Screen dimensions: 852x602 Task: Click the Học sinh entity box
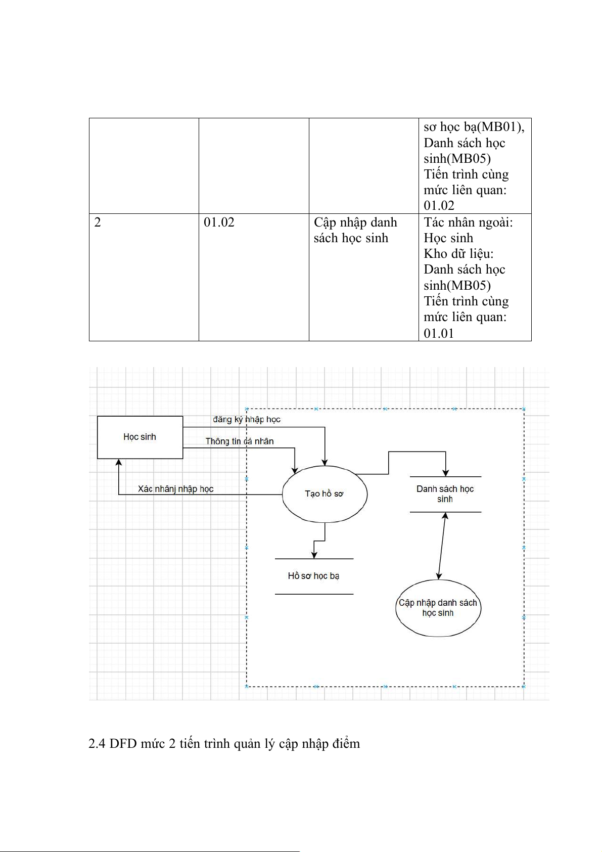[140, 437]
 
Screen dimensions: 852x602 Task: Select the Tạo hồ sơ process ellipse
[324, 494]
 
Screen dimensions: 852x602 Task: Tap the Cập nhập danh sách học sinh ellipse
[438, 608]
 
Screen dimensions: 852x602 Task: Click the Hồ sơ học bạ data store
[313, 576]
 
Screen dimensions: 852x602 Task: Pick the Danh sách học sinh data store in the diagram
[445, 494]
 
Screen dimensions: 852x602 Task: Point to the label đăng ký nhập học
[247, 419]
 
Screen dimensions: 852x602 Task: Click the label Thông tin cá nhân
[240, 441]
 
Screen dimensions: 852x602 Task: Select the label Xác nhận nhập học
[175, 489]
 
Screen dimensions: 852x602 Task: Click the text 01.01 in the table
[439, 333]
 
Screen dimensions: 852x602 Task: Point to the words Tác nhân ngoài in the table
[468, 222]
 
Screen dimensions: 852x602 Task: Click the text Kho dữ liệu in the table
[458, 254]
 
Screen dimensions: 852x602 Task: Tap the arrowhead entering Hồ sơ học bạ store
[314, 555]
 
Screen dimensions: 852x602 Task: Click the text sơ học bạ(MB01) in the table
[473, 127]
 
